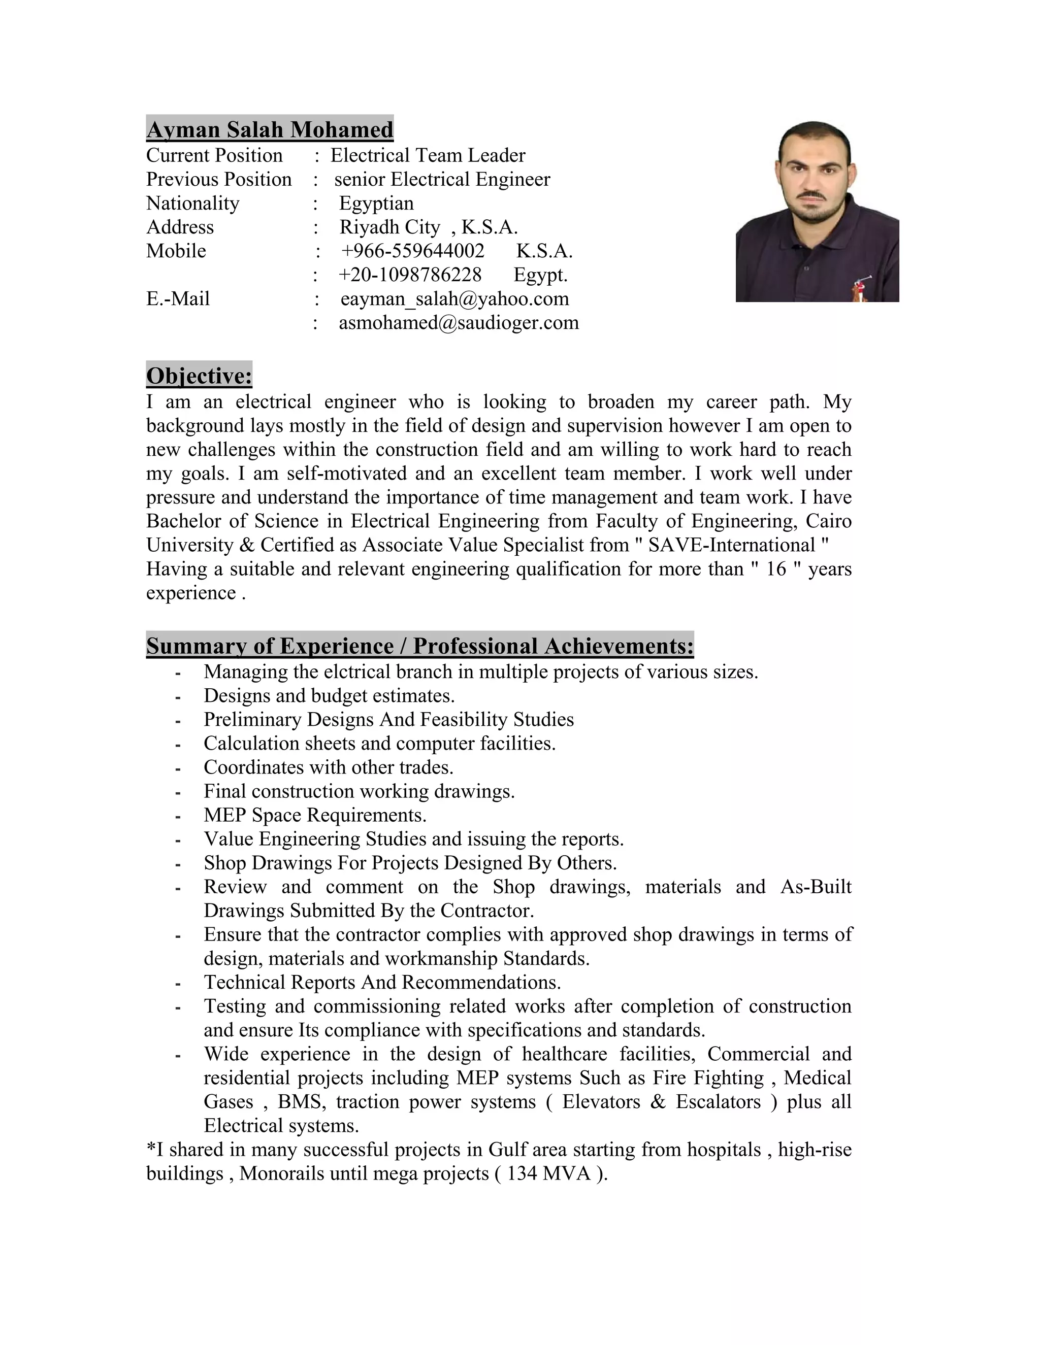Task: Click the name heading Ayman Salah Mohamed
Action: click(x=269, y=129)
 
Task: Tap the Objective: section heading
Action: click(x=199, y=375)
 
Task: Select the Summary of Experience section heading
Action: click(x=419, y=646)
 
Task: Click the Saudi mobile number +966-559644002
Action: click(x=413, y=251)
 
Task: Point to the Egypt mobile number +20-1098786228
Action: click(x=410, y=275)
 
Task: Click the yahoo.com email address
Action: click(x=454, y=298)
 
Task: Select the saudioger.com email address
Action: click(x=459, y=323)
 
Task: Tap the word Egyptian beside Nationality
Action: click(x=376, y=203)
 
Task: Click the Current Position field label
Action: click(x=214, y=155)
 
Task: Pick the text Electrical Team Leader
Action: click(x=428, y=155)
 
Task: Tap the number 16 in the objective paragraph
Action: click(x=776, y=568)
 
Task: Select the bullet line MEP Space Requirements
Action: click(x=315, y=815)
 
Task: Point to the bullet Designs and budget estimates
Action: click(x=329, y=695)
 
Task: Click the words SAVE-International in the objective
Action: click(x=731, y=545)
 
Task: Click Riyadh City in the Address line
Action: click(x=389, y=227)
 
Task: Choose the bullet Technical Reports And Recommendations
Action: click(x=382, y=982)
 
